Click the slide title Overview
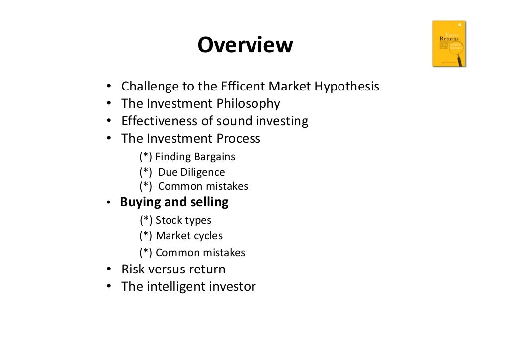click(x=245, y=45)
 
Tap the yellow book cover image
click(x=449, y=44)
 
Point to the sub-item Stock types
click(x=183, y=220)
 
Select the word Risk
click(x=132, y=270)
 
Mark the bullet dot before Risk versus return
click(x=108, y=270)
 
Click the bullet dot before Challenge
click(x=108, y=87)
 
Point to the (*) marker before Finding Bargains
click(x=146, y=157)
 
